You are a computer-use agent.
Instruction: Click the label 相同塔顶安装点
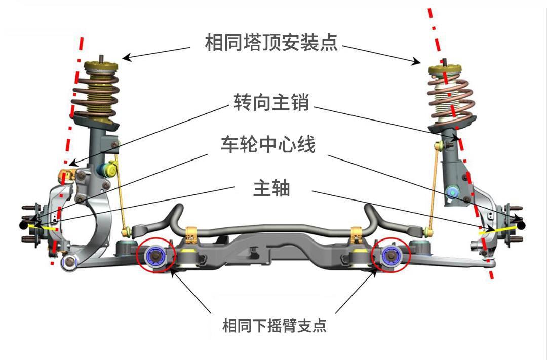click(x=271, y=42)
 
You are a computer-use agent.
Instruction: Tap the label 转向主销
click(x=271, y=103)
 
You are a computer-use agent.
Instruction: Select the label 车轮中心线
click(x=268, y=145)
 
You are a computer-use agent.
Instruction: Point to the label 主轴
click(x=271, y=188)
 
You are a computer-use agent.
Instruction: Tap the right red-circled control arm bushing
click(x=391, y=255)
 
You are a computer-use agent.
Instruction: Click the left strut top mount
click(x=102, y=66)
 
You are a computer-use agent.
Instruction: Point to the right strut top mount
click(x=446, y=70)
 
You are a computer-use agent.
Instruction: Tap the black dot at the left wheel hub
click(x=23, y=224)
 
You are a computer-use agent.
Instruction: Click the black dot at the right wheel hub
click(x=521, y=224)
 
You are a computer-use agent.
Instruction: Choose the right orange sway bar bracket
click(x=358, y=234)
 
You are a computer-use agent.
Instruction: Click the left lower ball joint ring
click(x=68, y=262)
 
